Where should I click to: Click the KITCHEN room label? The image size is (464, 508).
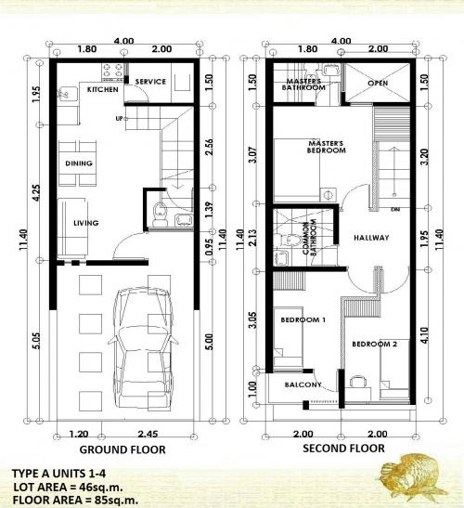coord(102,91)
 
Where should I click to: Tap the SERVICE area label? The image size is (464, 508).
coord(150,82)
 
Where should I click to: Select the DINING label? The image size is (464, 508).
coord(78,163)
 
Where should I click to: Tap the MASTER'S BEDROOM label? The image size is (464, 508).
coord(326,146)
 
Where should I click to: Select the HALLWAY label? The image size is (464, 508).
coord(371,238)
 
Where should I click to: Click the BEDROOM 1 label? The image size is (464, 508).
coord(302,320)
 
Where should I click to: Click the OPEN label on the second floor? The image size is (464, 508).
coord(378,83)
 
